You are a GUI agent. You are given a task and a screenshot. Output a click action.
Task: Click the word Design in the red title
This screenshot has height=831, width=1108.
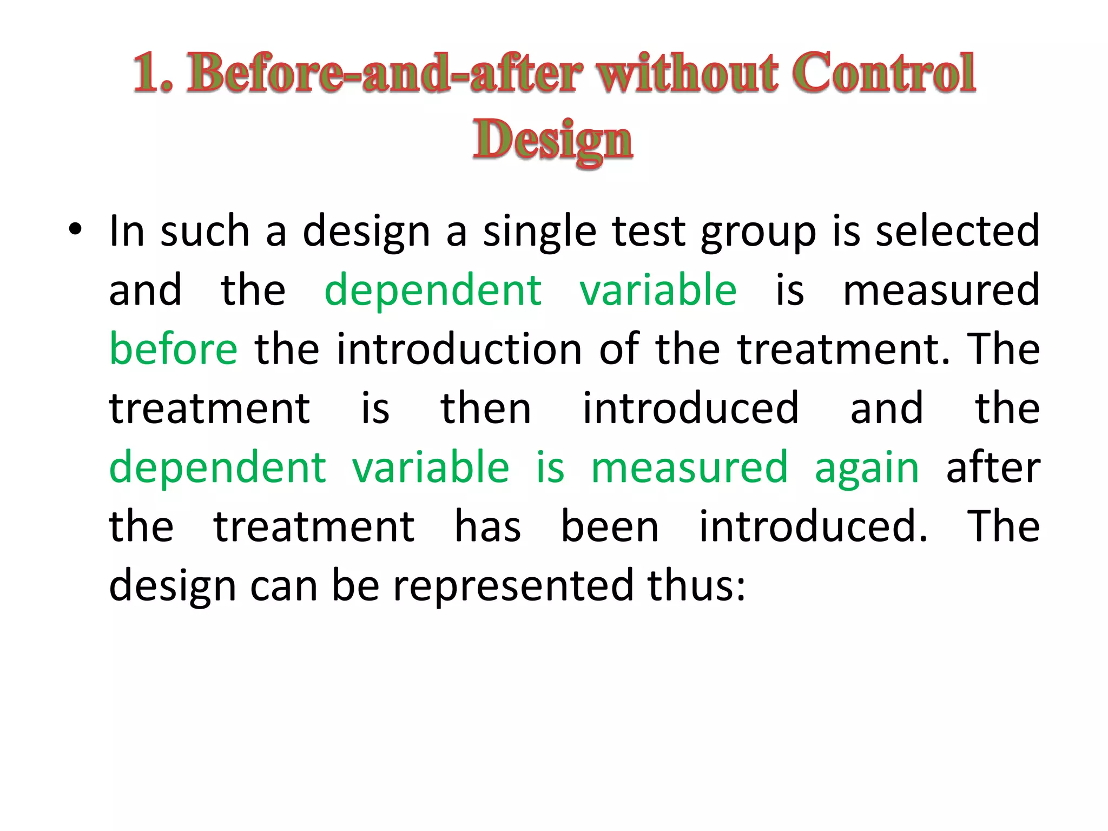(552, 140)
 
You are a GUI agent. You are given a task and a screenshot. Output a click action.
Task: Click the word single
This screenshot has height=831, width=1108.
(539, 232)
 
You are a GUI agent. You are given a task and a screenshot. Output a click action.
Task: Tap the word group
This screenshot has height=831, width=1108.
(758, 232)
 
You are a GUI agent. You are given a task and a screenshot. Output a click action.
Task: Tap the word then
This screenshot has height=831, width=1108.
(485, 408)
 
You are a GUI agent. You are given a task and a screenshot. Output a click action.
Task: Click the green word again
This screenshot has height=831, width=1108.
(867, 469)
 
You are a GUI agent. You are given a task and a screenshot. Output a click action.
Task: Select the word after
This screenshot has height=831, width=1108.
(993, 467)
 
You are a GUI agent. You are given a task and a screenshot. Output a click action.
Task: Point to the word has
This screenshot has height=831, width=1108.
(487, 526)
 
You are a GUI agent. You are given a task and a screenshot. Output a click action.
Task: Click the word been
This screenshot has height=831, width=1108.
(610, 526)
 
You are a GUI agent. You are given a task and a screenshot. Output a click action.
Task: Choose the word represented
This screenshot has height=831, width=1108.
(513, 586)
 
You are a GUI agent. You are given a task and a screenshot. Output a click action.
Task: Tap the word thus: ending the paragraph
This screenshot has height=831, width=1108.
(697, 586)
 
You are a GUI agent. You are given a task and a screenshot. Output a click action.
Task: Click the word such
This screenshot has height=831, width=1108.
(205, 232)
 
